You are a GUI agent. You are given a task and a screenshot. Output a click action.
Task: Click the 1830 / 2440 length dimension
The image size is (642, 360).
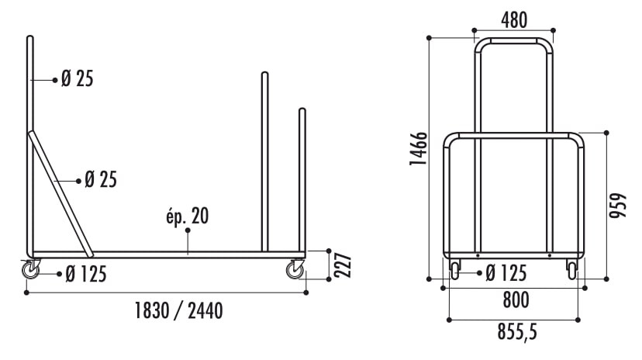(179, 310)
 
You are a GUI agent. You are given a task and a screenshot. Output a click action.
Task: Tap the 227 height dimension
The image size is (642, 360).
(343, 265)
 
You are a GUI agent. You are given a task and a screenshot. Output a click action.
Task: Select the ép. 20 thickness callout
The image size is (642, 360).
(187, 216)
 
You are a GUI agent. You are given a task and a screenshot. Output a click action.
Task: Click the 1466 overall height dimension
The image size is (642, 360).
(419, 149)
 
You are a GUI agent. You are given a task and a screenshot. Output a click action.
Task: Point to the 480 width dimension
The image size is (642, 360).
(514, 20)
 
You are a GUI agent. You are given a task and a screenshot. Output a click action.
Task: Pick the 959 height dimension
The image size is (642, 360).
(618, 205)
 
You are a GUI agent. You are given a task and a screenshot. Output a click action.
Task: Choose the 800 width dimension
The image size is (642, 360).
(516, 299)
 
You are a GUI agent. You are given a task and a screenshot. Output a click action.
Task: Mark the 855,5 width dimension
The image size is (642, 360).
(517, 331)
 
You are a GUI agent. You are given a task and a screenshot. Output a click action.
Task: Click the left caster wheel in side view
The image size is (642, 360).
(31, 269)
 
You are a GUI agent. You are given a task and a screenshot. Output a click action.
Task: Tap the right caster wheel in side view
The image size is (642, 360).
(295, 269)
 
